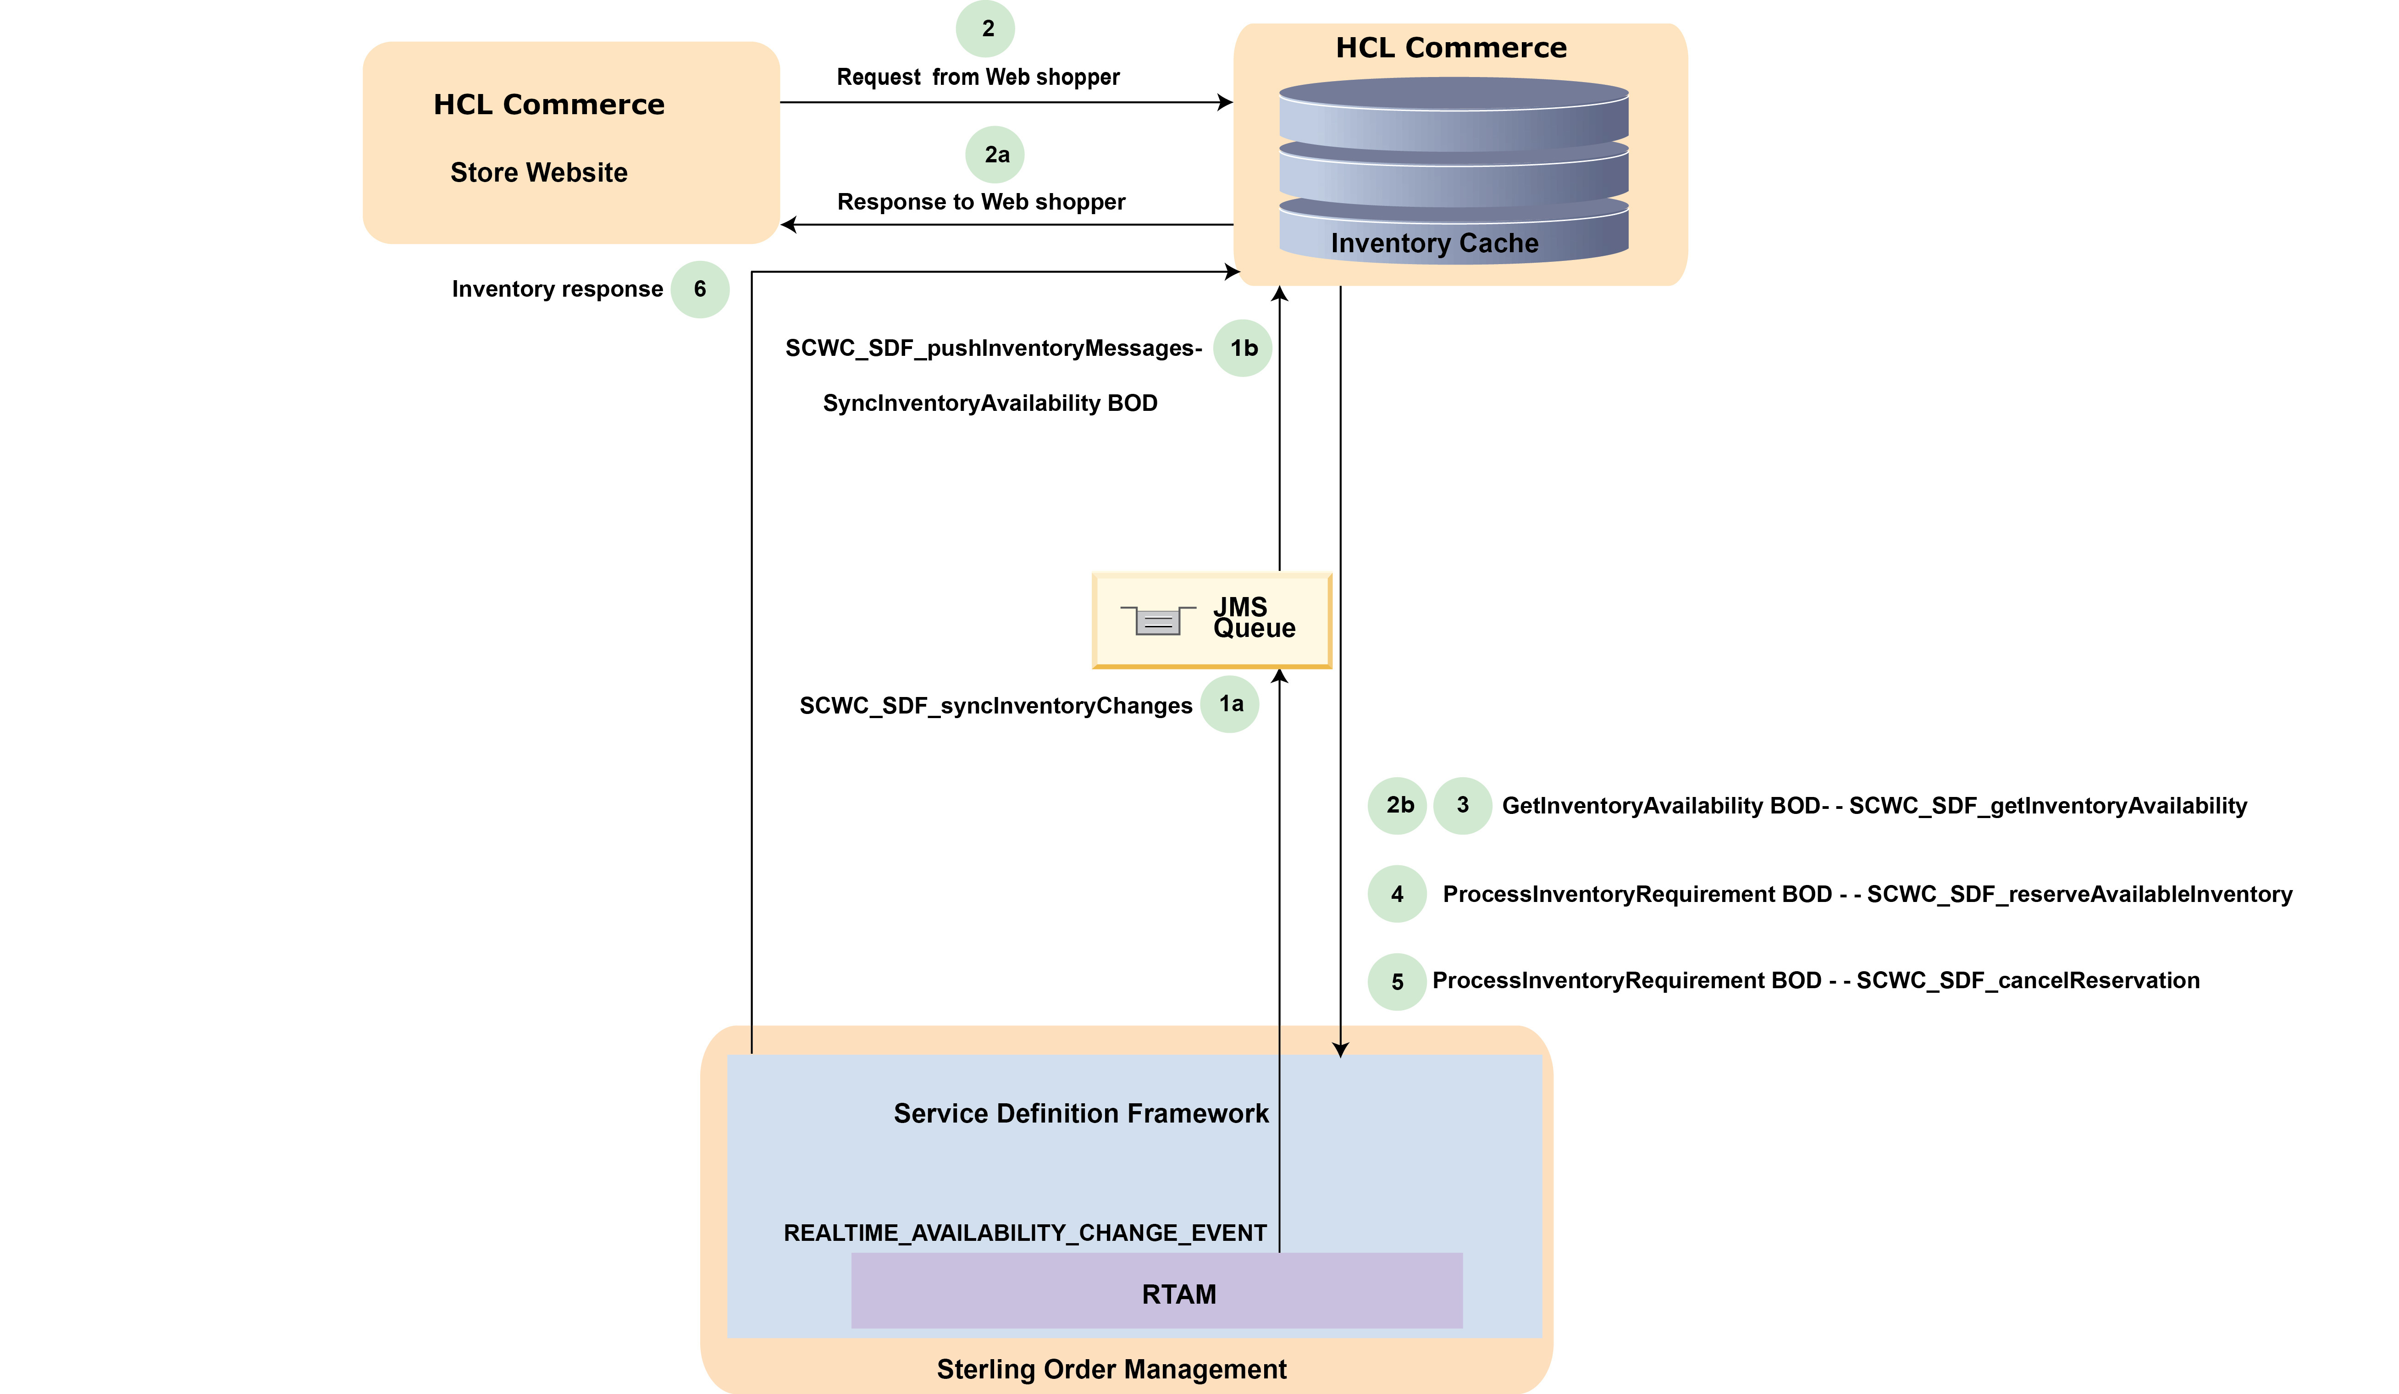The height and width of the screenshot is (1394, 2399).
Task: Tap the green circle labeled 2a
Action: pos(995,154)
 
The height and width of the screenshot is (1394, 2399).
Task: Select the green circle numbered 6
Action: pos(700,289)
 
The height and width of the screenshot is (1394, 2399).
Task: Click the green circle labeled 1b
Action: pos(1242,348)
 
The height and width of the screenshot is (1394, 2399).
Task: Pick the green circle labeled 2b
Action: pos(1398,806)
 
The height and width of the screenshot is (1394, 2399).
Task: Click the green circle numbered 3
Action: pos(1462,806)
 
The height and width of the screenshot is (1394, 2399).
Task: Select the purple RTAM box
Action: pos(1157,1291)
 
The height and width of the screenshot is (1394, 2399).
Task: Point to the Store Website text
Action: pos(539,172)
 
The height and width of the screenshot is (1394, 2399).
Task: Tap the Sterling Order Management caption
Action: pos(1111,1369)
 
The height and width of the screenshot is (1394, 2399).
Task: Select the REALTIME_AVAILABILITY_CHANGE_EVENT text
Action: pos(1024,1233)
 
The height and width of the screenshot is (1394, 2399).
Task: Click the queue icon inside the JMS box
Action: pos(1158,621)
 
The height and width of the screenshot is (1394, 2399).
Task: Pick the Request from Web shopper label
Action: pos(978,77)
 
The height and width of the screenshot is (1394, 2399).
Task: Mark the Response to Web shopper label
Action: pos(980,202)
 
